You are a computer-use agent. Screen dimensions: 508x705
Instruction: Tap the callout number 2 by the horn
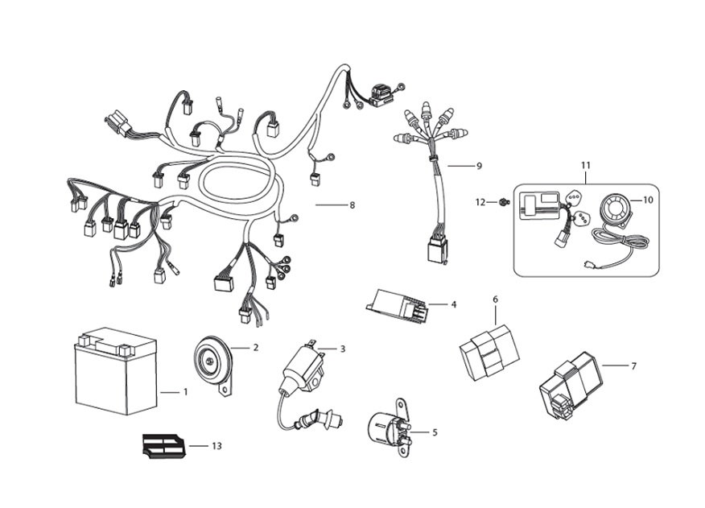pos(256,348)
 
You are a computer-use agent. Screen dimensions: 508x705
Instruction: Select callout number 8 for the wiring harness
pos(352,205)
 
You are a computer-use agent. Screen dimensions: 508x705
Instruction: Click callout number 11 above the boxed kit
pos(585,165)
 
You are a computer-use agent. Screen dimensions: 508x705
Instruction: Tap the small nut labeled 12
pos(501,202)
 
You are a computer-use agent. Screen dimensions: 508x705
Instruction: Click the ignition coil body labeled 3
pos(299,366)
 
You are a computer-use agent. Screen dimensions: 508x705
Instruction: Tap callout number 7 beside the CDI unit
pos(633,366)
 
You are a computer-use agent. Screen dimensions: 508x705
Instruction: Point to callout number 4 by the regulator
pos(453,304)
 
